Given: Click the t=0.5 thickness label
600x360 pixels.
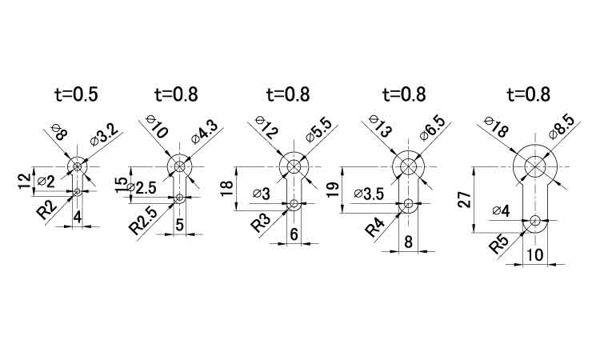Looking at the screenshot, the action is [76, 94].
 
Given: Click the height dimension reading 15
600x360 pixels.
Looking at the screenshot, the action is [121, 185].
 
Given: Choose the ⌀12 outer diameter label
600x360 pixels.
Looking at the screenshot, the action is [266, 127].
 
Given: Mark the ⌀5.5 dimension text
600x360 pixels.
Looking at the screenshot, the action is [319, 130].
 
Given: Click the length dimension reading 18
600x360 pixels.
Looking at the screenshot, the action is [227, 189].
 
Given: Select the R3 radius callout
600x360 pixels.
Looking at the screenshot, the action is [261, 222].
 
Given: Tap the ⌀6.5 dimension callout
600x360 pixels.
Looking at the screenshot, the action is [432, 128].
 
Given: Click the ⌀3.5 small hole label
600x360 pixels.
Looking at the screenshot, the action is [369, 194].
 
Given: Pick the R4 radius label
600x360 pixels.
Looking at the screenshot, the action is [374, 228].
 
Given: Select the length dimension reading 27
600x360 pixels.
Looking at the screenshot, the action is [465, 200].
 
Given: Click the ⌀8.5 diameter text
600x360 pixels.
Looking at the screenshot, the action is [561, 127].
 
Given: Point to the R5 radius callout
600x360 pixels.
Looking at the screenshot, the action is [499, 245].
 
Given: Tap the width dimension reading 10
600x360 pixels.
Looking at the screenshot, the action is [534, 254].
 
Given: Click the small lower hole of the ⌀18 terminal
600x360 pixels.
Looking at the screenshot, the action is [535, 220].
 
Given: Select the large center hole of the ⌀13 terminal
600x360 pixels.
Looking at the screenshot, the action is [408, 166].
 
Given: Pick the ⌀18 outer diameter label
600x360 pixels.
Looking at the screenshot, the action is [495, 127].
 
